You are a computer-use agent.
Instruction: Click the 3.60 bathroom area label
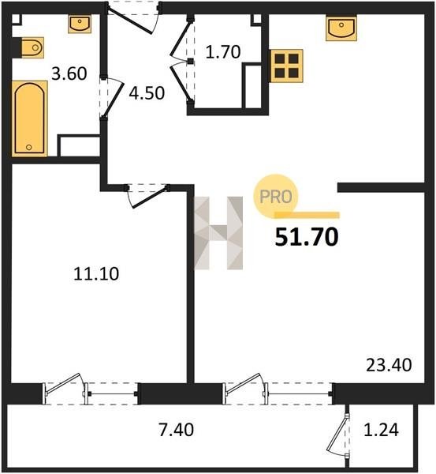coord(69,73)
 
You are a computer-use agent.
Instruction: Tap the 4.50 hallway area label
coord(147,93)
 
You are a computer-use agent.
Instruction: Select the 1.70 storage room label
coord(223,51)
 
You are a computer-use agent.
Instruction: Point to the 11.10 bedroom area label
coord(96,274)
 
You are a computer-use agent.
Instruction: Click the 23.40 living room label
coord(389,365)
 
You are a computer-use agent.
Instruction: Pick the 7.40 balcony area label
coord(176,430)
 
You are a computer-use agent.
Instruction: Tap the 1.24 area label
coord(381,430)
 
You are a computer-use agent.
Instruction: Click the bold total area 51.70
coord(307,237)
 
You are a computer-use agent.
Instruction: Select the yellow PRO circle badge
coord(275,197)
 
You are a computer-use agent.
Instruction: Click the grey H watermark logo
coord(218,233)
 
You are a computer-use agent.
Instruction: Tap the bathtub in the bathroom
coord(30,118)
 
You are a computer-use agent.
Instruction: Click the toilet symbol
coord(32,47)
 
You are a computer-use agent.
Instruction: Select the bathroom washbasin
coord(80,24)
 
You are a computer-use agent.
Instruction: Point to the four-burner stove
coord(287,66)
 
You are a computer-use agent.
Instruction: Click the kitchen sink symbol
coord(341,28)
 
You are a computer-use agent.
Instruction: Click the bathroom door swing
coord(111,97)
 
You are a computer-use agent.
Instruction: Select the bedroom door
coord(147,196)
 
